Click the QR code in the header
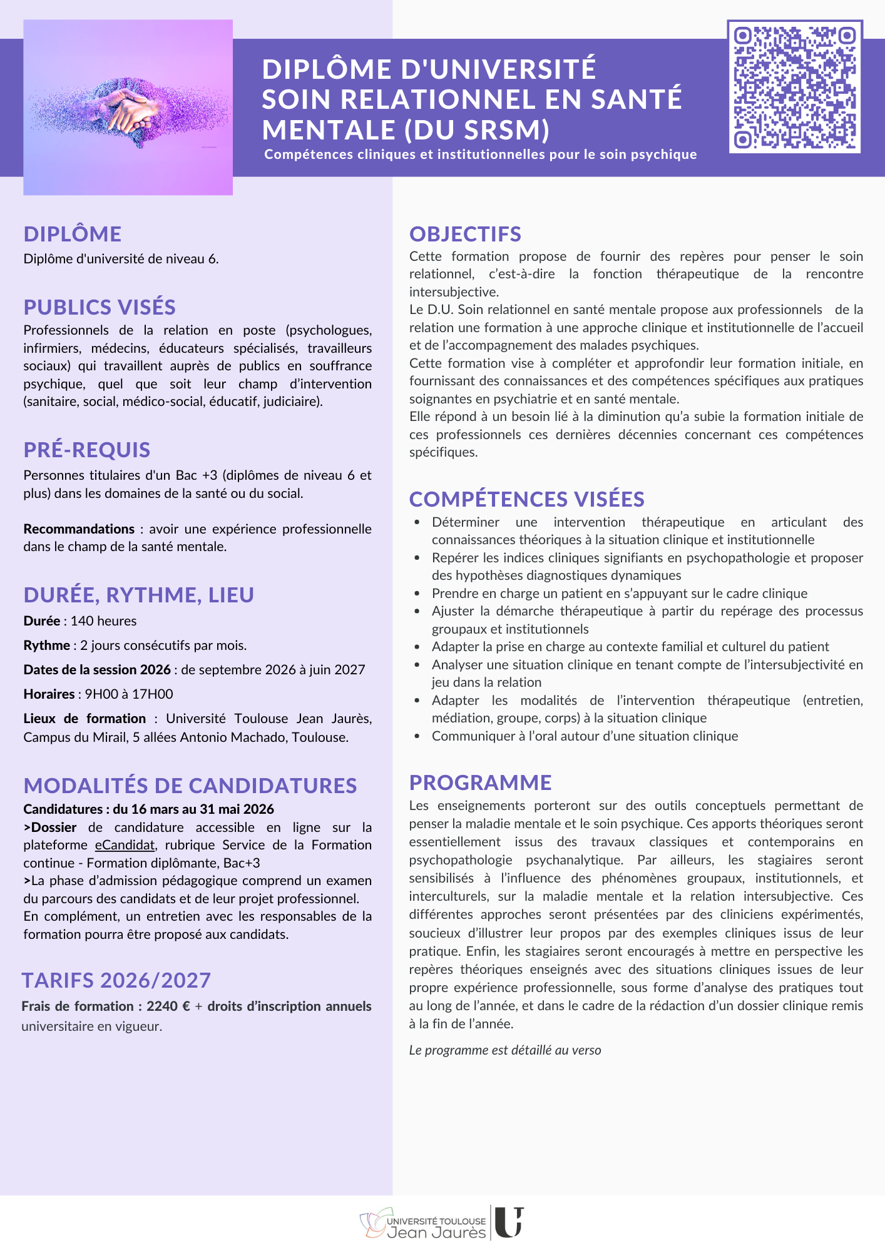794,87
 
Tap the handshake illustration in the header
128,108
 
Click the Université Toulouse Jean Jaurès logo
441,1223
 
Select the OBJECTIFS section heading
465,234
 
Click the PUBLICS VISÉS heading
100,307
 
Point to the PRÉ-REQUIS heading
87,450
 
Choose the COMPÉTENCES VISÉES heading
526,499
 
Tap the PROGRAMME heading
480,783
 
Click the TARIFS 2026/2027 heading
116,980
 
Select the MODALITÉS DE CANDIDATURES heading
190,786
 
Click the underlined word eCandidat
125,845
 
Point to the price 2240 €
168,1006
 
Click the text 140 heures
103,621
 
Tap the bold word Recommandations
79,529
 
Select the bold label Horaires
49,694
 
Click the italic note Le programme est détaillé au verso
504,1050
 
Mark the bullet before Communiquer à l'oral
417,736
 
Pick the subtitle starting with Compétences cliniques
480,154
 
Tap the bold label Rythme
46,646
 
